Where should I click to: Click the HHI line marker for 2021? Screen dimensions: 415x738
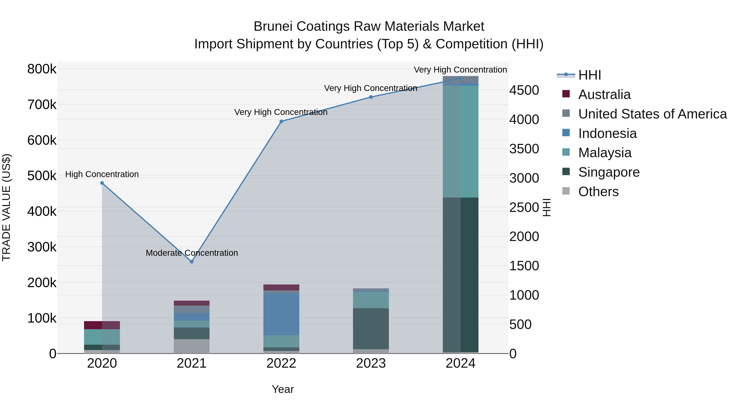click(192, 262)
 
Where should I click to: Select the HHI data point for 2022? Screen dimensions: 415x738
click(281, 122)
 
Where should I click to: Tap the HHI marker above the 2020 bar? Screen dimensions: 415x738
click(102, 183)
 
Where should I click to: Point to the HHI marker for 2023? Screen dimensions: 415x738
click(371, 97)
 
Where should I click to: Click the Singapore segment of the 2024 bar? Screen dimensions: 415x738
click(461, 275)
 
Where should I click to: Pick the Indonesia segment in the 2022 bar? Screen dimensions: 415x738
click(281, 314)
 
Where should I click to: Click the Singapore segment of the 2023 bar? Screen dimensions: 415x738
click(371, 329)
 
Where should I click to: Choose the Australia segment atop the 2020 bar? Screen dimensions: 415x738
click(102, 325)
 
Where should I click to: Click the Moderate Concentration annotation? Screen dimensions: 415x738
click(192, 253)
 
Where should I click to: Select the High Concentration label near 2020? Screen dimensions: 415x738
click(102, 174)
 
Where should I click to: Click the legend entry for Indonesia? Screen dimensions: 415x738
click(607, 133)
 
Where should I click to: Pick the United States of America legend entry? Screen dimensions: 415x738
click(652, 114)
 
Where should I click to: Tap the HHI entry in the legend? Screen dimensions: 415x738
click(589, 75)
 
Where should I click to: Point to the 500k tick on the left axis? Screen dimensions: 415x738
click(42, 176)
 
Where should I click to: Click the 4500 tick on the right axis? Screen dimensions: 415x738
click(524, 90)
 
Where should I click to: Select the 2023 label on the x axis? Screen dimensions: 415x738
click(371, 363)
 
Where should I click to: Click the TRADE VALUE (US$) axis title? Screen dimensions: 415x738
click(6, 207)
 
